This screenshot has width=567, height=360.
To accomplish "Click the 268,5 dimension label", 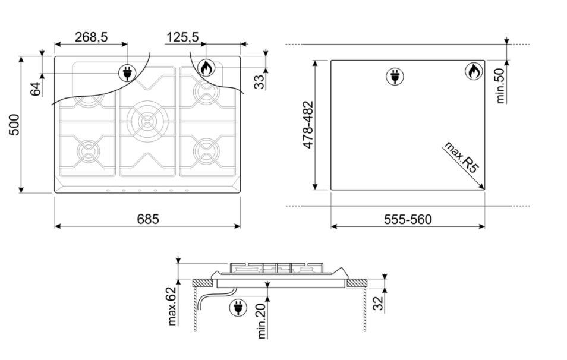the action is (91, 37).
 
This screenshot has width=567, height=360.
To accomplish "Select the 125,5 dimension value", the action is (182, 37).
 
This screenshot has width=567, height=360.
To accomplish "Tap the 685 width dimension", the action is (148, 219).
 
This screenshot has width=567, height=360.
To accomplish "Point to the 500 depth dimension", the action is (14, 125).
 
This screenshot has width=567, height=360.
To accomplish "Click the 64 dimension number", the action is (36, 89).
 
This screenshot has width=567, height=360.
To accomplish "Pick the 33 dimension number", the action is (260, 82).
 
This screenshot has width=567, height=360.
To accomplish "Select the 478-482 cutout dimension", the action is (308, 125).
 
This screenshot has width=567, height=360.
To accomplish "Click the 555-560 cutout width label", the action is (408, 219).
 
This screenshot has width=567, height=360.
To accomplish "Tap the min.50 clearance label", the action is (500, 86).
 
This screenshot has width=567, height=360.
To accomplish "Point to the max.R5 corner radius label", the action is (461, 157).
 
